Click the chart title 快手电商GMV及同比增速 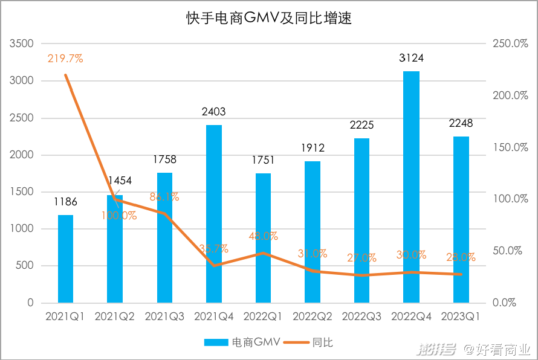[268, 18]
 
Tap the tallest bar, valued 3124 [412, 187]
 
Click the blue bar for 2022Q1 [264, 238]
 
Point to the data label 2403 [213, 111]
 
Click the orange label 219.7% [65, 59]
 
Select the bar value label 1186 [65, 202]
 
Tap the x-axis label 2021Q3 [164, 317]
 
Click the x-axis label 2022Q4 [412, 317]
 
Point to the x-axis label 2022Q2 [313, 317]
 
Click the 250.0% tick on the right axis [511, 44]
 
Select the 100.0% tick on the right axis [511, 199]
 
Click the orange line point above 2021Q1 [65, 75]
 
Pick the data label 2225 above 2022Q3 [362, 125]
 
